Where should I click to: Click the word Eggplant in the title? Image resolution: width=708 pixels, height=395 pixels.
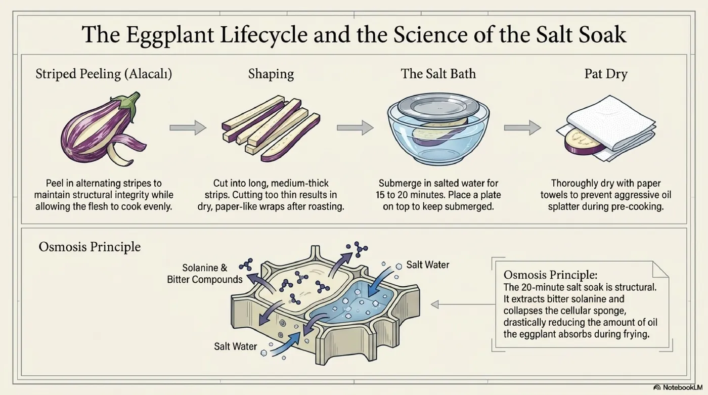tap(170, 34)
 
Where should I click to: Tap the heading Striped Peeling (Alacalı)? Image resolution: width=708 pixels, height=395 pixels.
tap(104, 74)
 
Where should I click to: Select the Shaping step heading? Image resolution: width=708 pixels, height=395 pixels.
tap(271, 74)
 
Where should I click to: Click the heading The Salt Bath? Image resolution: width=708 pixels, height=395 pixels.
tap(438, 74)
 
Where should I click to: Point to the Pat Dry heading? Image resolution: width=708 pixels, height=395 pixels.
tap(606, 74)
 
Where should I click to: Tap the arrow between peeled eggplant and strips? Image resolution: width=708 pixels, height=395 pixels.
tap(188, 127)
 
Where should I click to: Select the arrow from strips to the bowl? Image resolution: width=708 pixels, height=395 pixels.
tap(355, 127)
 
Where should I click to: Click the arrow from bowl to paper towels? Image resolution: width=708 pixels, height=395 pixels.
tap(522, 127)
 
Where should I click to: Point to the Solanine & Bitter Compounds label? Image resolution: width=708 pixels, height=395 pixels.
tap(205, 274)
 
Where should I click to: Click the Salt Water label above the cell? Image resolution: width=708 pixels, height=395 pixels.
tap(428, 265)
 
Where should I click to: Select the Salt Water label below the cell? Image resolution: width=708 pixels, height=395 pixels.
tap(236, 346)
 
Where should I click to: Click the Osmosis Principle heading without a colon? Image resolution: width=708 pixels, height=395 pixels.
tap(90, 247)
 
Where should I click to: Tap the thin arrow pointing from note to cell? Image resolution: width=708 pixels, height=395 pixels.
tap(463, 304)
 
